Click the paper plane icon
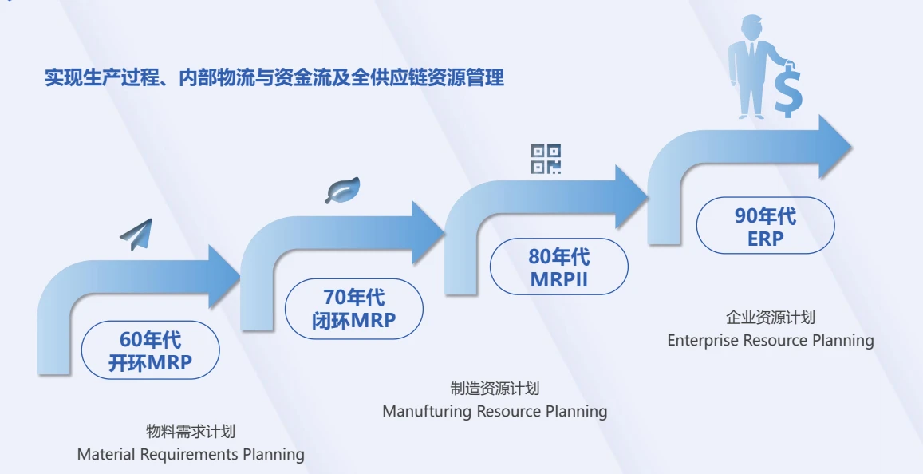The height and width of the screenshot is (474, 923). (x=137, y=233)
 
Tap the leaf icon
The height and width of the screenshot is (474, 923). (x=342, y=190)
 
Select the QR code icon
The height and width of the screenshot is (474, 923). (x=546, y=159)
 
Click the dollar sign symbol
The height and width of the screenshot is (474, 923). (x=788, y=89)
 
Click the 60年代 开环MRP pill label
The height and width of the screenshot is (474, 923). (x=150, y=352)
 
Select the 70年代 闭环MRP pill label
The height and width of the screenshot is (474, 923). (x=354, y=309)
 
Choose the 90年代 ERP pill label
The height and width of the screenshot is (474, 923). (x=765, y=226)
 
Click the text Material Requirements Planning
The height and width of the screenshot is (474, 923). (x=191, y=454)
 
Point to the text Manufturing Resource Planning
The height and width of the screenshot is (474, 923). (x=495, y=412)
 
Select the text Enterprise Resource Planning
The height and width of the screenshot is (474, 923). (x=770, y=341)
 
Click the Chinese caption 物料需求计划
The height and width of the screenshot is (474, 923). (x=191, y=432)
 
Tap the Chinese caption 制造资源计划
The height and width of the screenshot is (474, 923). (x=495, y=389)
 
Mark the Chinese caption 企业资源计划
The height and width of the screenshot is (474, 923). (x=770, y=318)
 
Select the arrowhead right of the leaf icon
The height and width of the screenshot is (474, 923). (x=427, y=233)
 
